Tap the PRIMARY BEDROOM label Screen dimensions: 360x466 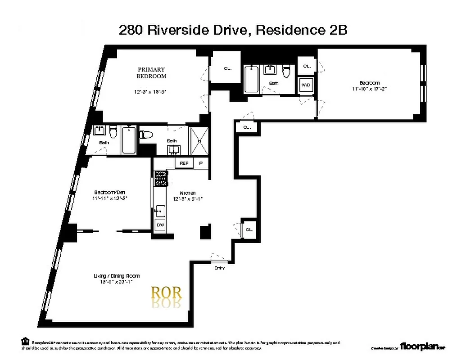pyautogui.click(x=151, y=73)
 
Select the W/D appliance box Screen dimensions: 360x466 pyautogui.click(x=306, y=85)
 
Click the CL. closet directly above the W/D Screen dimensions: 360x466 pyautogui.click(x=307, y=66)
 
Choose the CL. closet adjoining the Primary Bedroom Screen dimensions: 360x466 pyautogui.click(x=227, y=68)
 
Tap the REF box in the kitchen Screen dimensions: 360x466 pyautogui.click(x=184, y=163)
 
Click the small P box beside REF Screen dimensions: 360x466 pyautogui.click(x=201, y=163)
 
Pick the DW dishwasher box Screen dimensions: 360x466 pyautogui.click(x=160, y=225)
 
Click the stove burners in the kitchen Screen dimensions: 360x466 pyautogui.click(x=160, y=179)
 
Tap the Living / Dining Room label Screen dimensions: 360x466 pyautogui.click(x=117, y=276)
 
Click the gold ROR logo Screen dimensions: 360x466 pyautogui.click(x=166, y=293)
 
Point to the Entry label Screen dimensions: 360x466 pyautogui.click(x=219, y=268)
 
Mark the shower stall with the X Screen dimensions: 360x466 pyautogui.click(x=197, y=141)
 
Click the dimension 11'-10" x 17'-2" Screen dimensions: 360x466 pyautogui.click(x=369, y=89)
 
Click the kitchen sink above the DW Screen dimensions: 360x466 pyautogui.click(x=160, y=210)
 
